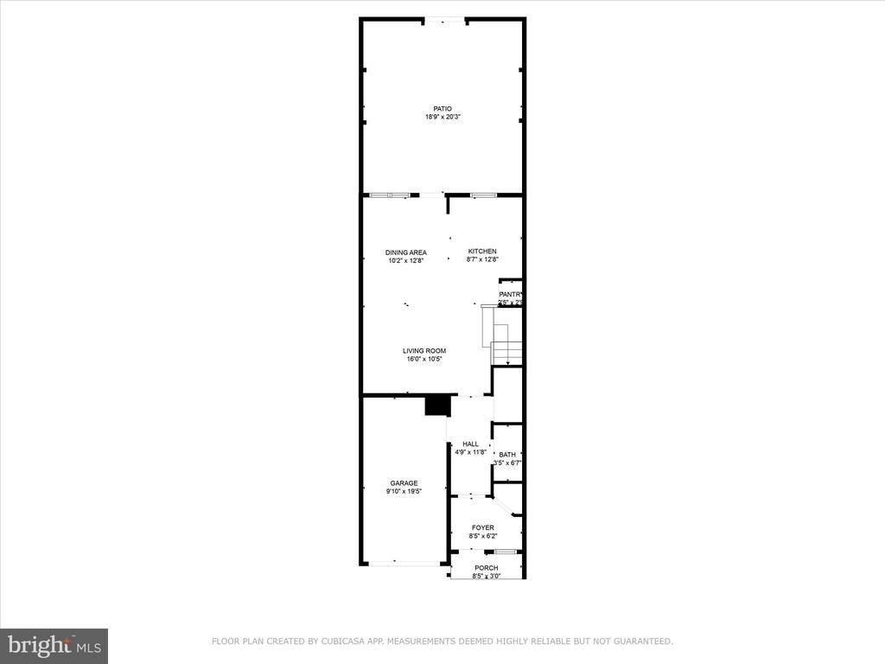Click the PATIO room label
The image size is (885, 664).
pyautogui.click(x=442, y=109)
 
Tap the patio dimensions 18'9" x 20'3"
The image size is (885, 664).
pyautogui.click(x=442, y=117)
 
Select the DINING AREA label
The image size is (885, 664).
pyautogui.click(x=406, y=252)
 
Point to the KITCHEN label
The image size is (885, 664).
pyautogui.click(x=482, y=252)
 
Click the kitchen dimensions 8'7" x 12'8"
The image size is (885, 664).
pyautogui.click(x=482, y=259)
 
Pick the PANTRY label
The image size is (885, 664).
pyautogui.click(x=511, y=295)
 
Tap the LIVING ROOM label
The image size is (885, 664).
pyautogui.click(x=424, y=351)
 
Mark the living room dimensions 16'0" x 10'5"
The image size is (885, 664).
pyautogui.click(x=424, y=359)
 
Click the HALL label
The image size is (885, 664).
pyautogui.click(x=470, y=444)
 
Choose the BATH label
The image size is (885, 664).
pyautogui.click(x=507, y=455)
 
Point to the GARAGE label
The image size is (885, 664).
pyautogui.click(x=404, y=483)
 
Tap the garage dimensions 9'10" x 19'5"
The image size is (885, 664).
pyautogui.click(x=404, y=491)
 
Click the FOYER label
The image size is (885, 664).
pyautogui.click(x=482, y=527)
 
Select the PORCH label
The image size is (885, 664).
pyautogui.click(x=486, y=568)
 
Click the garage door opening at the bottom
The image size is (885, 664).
pyautogui.click(x=404, y=563)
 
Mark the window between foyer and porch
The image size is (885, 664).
pyautogui.click(x=505, y=552)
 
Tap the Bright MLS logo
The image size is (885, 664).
pyautogui.click(x=54, y=645)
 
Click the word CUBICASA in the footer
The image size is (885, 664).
pyautogui.click(x=343, y=642)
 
